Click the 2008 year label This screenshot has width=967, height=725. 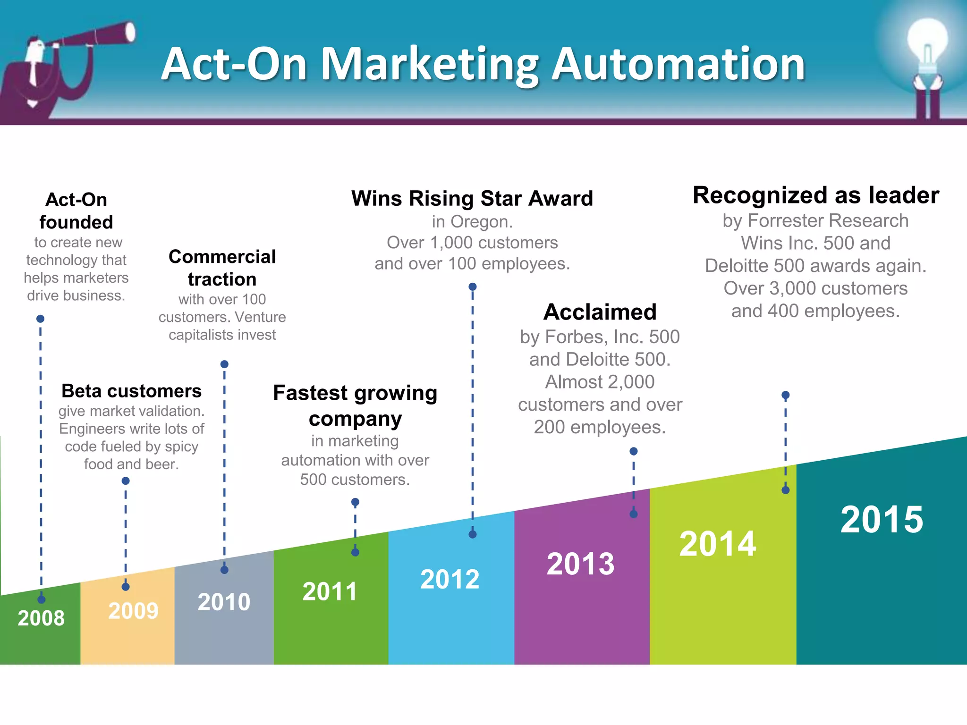pos(41,618)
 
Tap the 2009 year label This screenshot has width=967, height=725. pos(133,611)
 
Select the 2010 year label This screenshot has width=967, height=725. pos(224,602)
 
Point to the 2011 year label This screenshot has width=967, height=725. pos(330,591)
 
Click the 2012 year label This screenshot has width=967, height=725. pos(450,579)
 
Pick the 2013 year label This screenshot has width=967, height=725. pos(580,564)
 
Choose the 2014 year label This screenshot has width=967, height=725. pos(717,544)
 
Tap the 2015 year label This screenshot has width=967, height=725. pos(882,520)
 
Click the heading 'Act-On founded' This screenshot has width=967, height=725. pos(76,211)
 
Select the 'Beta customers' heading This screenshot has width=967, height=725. pos(131,391)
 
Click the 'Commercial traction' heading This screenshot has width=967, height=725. pos(222,268)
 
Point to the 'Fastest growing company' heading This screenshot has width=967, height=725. pos(355,405)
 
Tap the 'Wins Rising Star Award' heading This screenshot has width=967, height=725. pos(472,198)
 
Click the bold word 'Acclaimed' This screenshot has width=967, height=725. pos(600,312)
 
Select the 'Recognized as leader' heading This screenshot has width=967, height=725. pos(815,195)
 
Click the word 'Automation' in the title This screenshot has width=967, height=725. pos(678,64)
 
